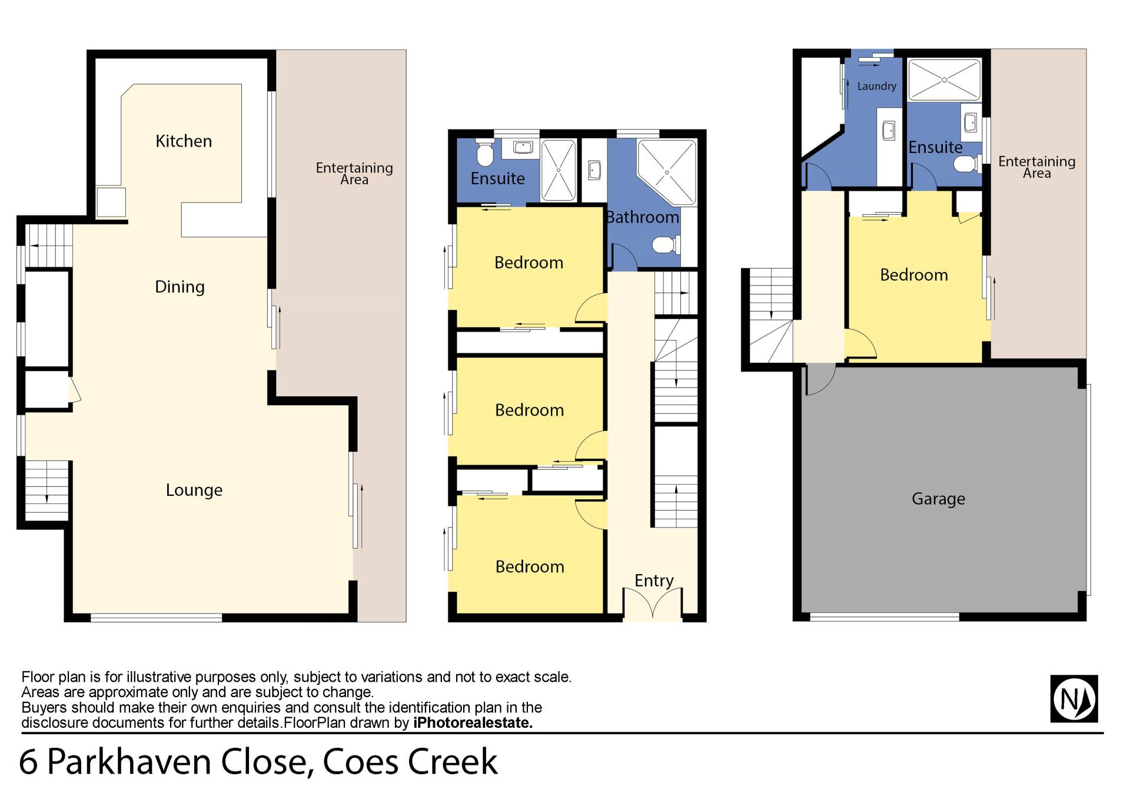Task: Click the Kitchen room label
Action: (x=184, y=141)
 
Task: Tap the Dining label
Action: (x=180, y=287)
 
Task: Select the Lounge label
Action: (x=194, y=490)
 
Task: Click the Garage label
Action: (x=938, y=499)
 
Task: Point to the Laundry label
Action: (x=876, y=86)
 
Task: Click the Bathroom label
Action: (x=643, y=217)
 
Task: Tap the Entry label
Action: (x=654, y=581)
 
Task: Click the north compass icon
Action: (x=1074, y=699)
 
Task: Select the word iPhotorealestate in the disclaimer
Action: (x=473, y=722)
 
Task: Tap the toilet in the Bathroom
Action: (x=667, y=244)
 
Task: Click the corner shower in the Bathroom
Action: (x=667, y=172)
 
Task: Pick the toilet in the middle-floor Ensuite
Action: (x=484, y=153)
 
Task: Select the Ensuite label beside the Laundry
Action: (x=935, y=147)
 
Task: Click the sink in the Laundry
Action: (x=889, y=130)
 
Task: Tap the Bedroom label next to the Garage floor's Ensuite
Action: (x=914, y=275)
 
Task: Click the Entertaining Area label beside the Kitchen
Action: (x=354, y=174)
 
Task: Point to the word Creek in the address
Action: (x=453, y=762)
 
